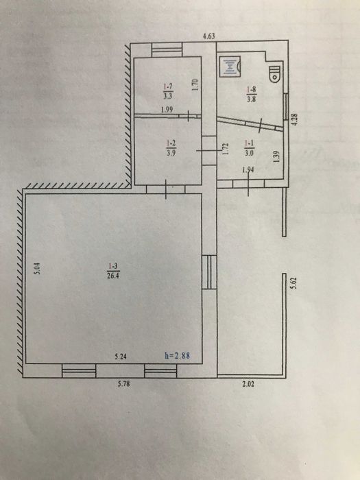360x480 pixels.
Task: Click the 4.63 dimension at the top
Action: point(209,36)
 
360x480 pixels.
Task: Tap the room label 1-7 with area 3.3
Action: point(168,91)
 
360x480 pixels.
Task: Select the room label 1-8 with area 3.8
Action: point(252,95)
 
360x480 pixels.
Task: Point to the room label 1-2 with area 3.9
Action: point(171,148)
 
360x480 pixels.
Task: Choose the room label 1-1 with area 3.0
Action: point(249,148)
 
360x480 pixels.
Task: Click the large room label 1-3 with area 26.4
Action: point(113,272)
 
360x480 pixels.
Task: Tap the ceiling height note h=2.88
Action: point(177,356)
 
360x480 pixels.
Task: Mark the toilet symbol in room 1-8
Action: point(275,74)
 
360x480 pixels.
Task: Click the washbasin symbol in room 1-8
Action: point(230,67)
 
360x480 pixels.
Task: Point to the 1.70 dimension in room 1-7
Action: point(195,85)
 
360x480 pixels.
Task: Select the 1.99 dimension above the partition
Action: point(167,110)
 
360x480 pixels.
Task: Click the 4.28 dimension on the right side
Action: point(294,119)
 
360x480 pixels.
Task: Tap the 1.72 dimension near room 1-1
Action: point(226,149)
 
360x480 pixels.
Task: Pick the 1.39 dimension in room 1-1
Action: point(276,157)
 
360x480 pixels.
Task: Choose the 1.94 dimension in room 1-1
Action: point(248,169)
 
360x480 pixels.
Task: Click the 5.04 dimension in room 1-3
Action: point(37,269)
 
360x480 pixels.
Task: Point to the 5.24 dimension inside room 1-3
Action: point(121,357)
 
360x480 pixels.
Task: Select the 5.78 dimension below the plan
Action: point(124,383)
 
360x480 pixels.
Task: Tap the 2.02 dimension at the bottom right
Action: point(248,384)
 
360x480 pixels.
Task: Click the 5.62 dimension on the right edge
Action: point(293,283)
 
